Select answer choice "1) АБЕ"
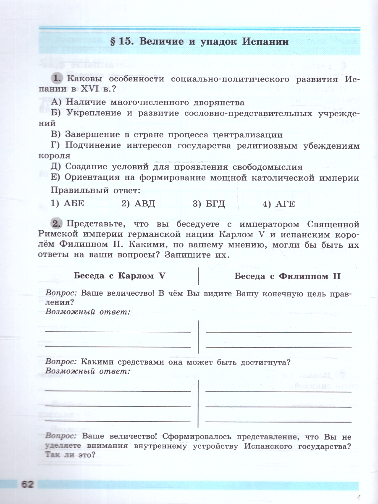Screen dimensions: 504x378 [68, 204]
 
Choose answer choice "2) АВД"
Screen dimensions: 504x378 [138, 204]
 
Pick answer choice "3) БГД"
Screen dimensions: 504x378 [209, 204]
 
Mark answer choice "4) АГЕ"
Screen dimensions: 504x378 [279, 204]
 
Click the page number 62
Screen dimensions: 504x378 [26, 484]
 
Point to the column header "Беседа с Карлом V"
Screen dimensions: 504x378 [119, 276]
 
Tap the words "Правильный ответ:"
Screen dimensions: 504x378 [95, 190]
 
